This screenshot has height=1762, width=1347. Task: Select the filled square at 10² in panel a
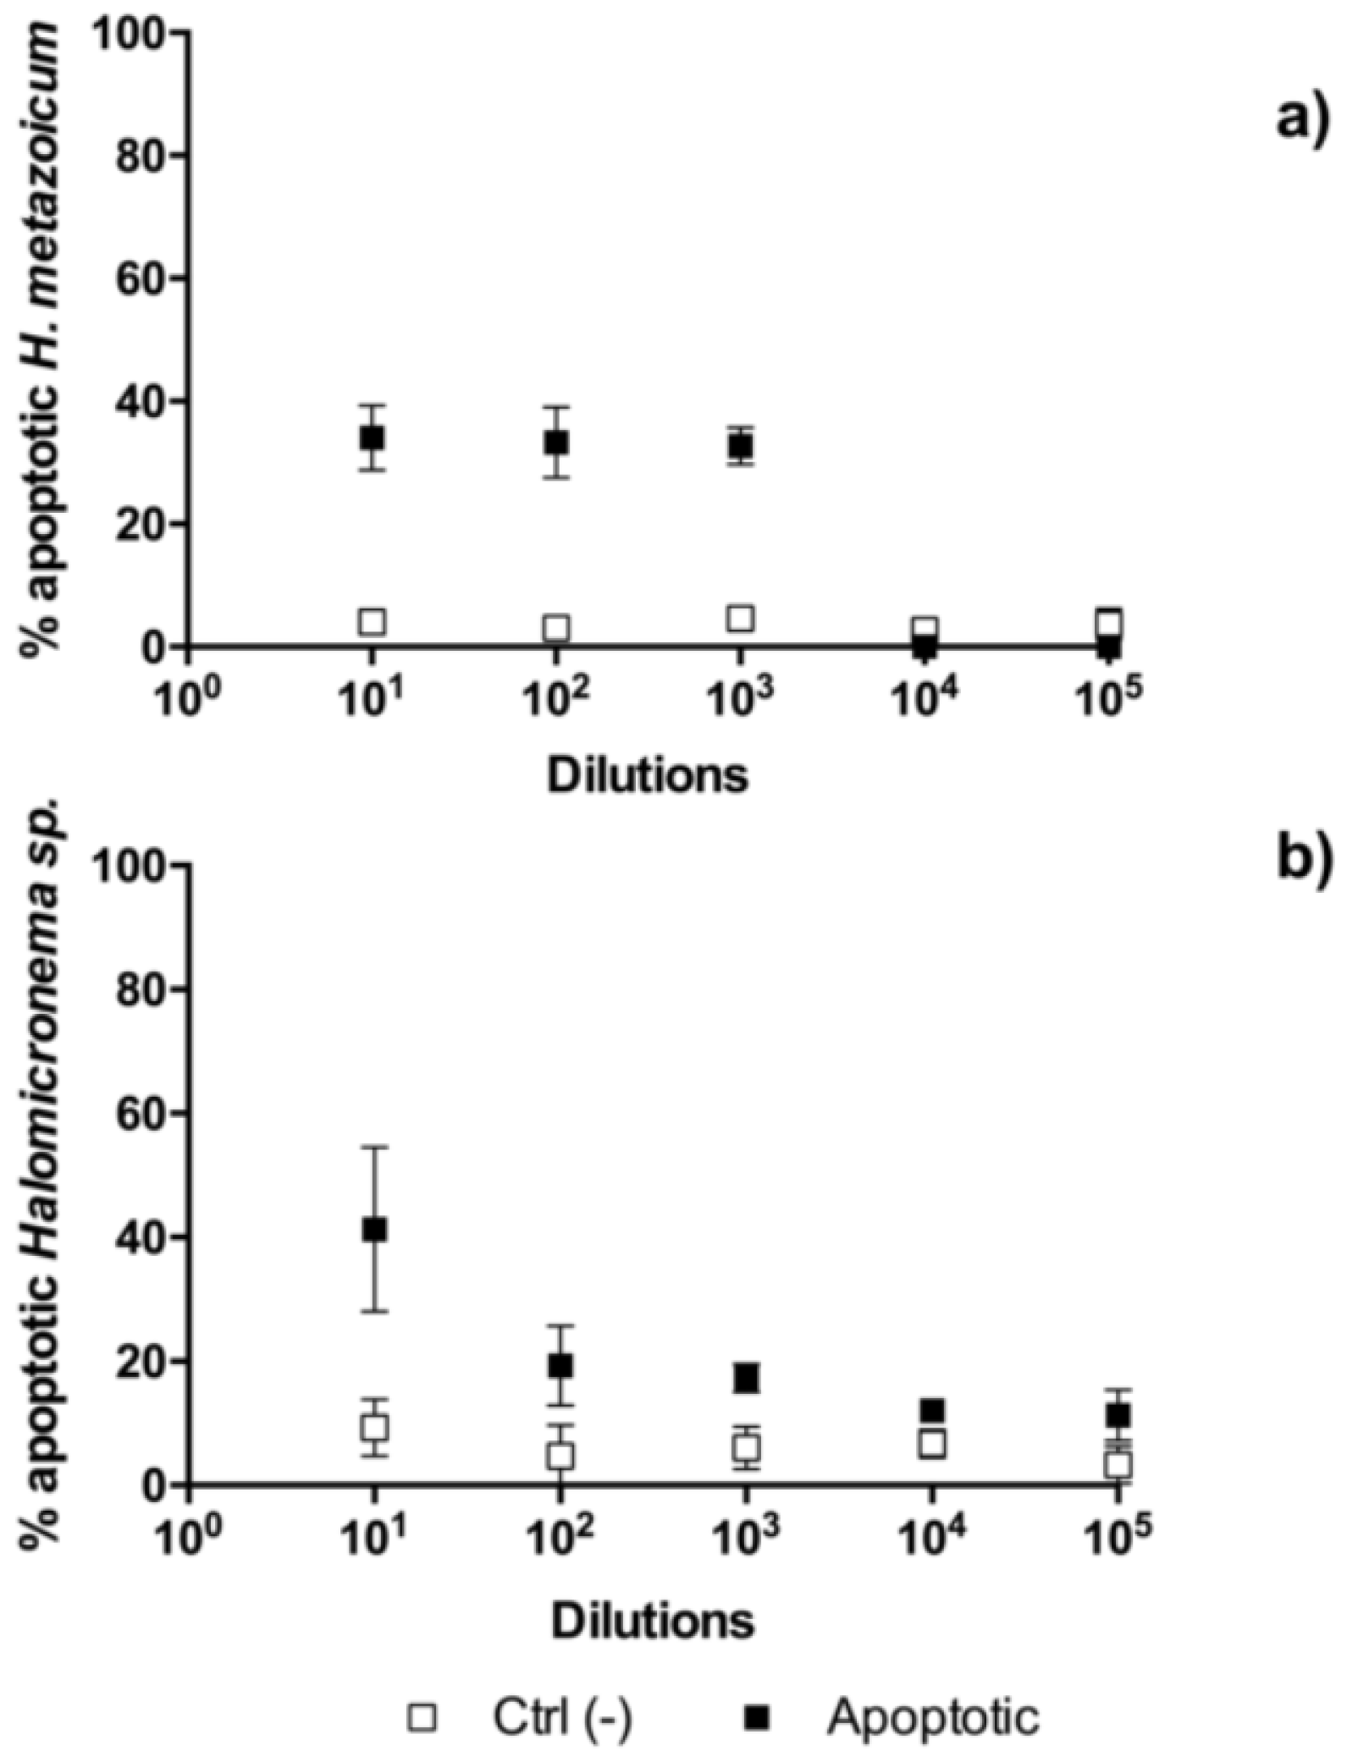pos(556,442)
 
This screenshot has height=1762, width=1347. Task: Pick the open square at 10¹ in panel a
pos(372,622)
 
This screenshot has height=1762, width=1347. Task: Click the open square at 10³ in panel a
pos(742,619)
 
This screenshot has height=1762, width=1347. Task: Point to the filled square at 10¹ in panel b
pos(374,1231)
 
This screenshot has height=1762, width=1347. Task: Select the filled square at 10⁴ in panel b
pos(932,1411)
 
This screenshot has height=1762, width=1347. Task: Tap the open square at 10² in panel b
pos(560,1456)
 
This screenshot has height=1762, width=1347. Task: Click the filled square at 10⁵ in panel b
pos(1118,1415)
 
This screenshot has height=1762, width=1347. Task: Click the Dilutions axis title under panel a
pos(648,776)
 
